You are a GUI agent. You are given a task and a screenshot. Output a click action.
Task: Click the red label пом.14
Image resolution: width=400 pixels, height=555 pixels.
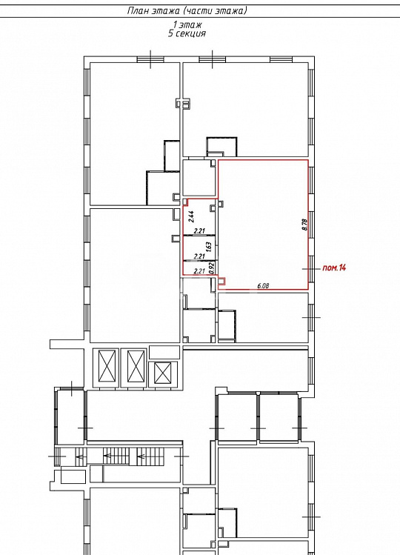[334, 267]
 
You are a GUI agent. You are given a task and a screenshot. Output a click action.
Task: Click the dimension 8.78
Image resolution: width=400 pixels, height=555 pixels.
[304, 225]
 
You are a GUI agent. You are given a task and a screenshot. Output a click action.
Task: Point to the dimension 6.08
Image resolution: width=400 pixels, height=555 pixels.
[263, 285]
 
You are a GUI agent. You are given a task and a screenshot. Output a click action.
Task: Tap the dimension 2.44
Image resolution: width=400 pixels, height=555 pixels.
[191, 216]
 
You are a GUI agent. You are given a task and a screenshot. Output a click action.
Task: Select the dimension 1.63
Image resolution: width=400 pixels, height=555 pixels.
[208, 246]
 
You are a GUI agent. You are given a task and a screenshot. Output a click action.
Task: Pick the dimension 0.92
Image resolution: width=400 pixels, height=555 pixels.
[212, 267]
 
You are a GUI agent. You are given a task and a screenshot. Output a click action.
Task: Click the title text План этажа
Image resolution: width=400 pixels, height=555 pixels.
[153, 10]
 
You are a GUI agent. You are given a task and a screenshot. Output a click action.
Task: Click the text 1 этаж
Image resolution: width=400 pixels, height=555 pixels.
[187, 24]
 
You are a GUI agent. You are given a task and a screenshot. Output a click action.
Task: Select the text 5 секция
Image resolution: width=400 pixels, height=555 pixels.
[187, 33]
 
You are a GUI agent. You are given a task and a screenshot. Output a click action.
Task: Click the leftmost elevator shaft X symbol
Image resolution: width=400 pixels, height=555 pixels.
[107, 366]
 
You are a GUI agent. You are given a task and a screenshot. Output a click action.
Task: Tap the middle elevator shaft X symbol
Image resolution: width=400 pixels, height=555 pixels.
[136, 366]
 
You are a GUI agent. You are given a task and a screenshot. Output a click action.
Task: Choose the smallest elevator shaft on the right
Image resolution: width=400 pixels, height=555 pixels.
[163, 373]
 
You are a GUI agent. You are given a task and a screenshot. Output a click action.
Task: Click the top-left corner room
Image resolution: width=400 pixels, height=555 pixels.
[135, 133]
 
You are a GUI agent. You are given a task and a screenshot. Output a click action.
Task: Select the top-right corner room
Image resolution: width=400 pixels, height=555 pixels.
[245, 109]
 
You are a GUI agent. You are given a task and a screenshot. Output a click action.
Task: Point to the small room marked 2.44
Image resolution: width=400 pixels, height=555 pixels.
[199, 216]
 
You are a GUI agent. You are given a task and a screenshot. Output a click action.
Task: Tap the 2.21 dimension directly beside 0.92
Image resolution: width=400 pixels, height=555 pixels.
[200, 271]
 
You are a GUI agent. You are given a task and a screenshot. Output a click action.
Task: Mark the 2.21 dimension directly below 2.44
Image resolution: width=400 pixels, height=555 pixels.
[200, 230]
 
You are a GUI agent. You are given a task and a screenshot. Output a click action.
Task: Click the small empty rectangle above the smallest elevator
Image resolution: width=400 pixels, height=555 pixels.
[164, 352]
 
